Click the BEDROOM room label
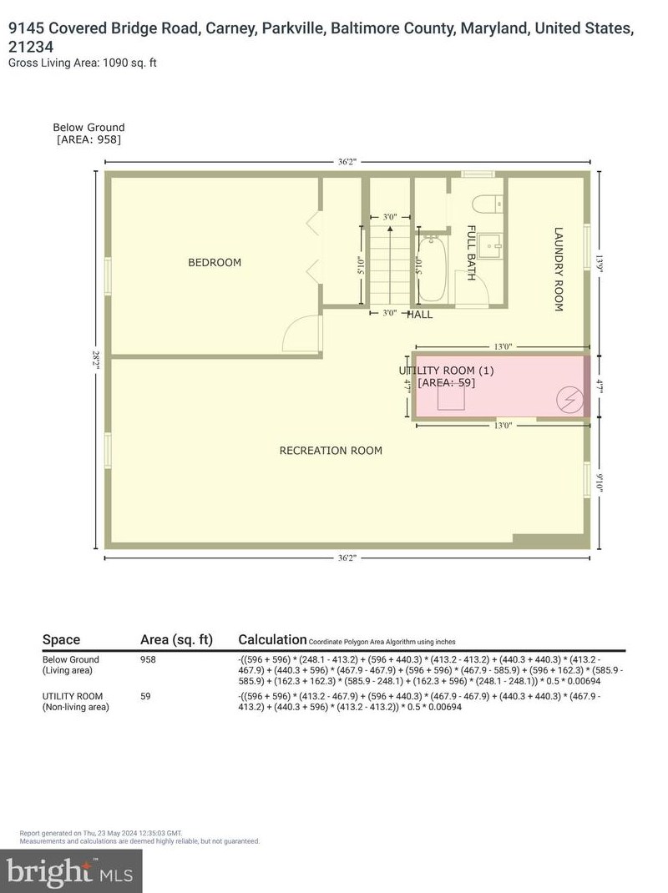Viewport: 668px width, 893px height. coord(215,262)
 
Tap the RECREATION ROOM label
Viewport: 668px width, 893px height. coord(331,451)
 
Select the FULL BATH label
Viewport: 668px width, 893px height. coord(471,253)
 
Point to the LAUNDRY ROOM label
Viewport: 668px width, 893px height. coord(559,270)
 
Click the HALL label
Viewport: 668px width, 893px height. coord(419,315)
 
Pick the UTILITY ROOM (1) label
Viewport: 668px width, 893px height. coord(446,370)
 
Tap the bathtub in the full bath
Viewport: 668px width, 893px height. coord(432,269)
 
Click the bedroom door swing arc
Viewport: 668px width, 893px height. coord(300,336)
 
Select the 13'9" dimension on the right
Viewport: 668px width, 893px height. coord(599,262)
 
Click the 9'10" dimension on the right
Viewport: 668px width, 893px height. coord(599,483)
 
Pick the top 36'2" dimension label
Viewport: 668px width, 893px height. coord(347,163)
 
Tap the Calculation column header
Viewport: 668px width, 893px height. coord(272,639)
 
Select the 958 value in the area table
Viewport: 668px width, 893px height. coord(149,659)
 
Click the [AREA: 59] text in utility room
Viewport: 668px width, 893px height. coord(446,382)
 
